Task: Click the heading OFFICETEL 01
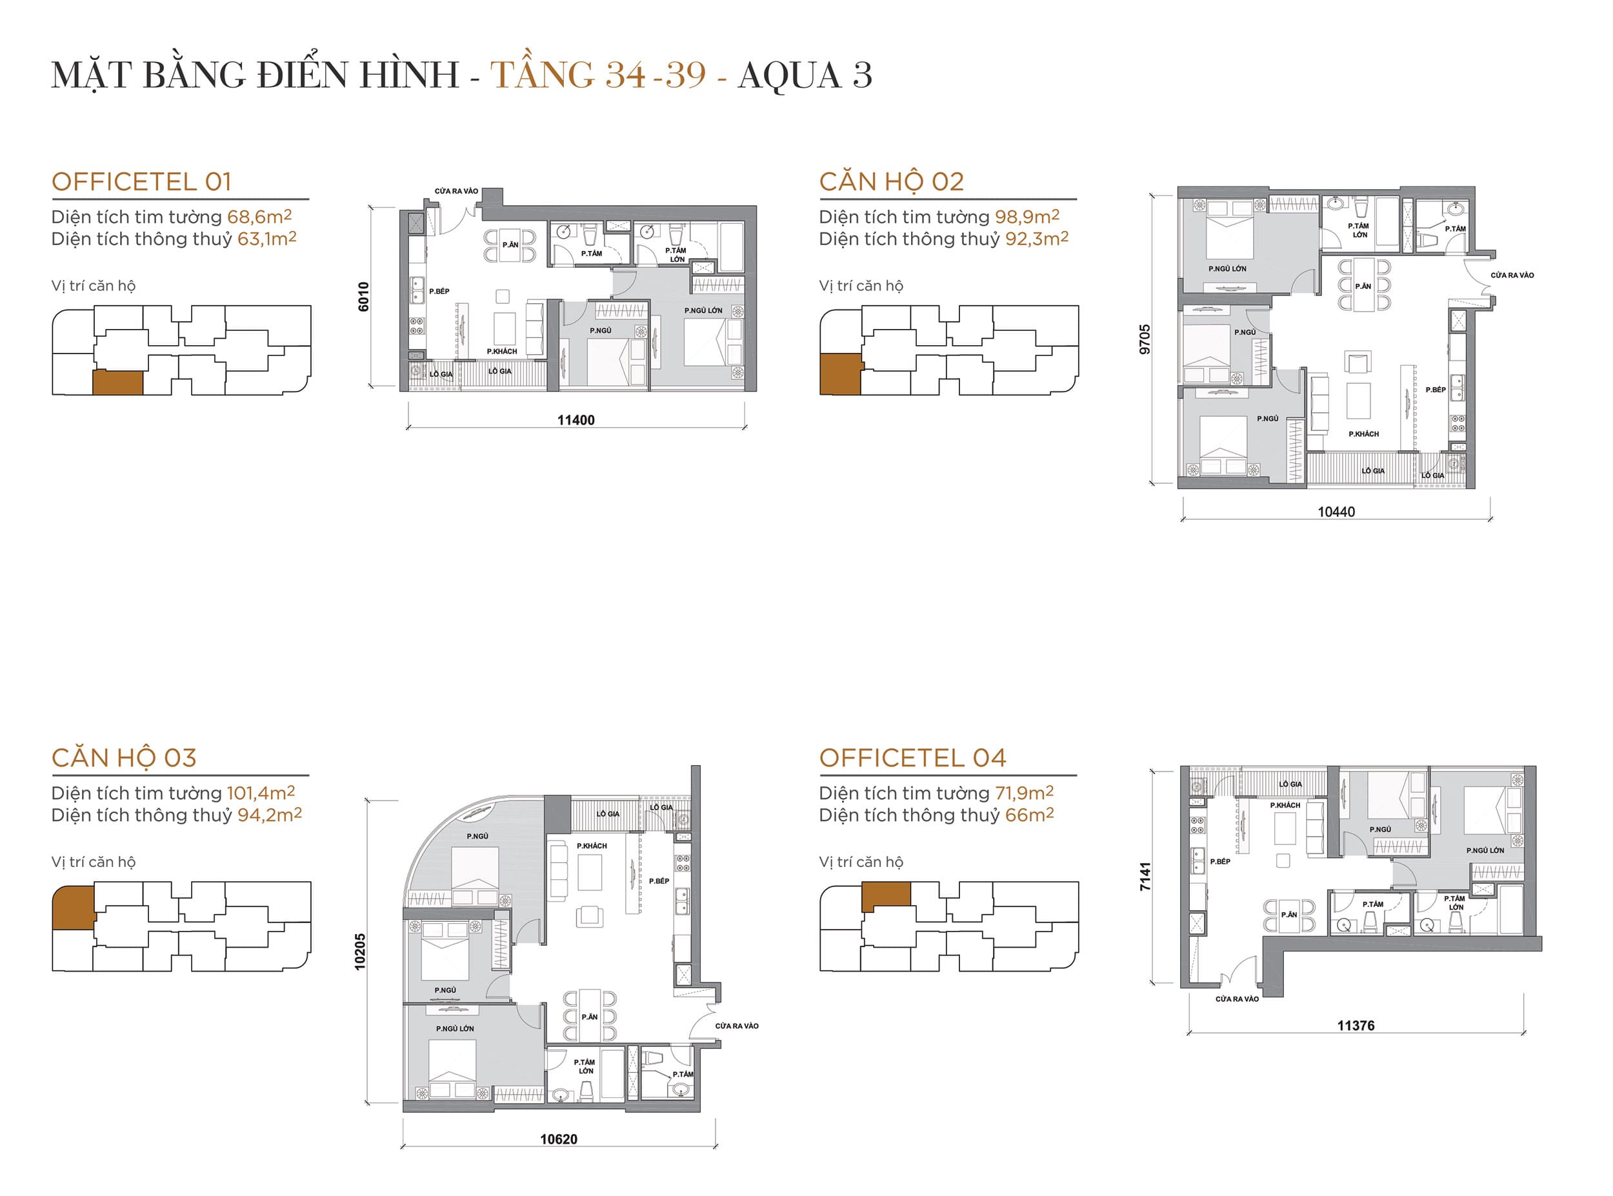[141, 182]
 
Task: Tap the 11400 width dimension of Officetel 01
[576, 420]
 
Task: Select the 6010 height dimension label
[363, 297]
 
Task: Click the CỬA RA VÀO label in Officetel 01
[456, 191]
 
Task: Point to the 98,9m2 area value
[1027, 217]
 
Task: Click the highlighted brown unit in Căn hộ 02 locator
[840, 374]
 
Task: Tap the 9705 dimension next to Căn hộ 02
[1145, 339]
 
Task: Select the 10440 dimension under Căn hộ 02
[1336, 512]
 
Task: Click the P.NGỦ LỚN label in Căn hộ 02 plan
[1227, 268]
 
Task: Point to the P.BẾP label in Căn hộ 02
[1436, 390]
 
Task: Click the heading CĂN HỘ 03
[124, 758]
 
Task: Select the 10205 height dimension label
[360, 952]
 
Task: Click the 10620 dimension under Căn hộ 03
[558, 1139]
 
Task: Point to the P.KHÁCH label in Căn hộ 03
[592, 846]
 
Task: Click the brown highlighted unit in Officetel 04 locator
[885, 895]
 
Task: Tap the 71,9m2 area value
[1024, 793]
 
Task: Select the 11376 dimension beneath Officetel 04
[1356, 1025]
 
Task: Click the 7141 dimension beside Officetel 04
[1145, 876]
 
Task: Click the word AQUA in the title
[789, 75]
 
